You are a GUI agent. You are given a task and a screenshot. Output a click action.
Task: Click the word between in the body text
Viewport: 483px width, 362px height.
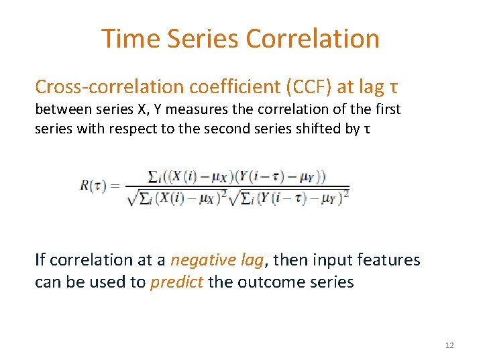tap(62, 109)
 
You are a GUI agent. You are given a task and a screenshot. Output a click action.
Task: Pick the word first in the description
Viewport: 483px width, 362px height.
tap(388, 109)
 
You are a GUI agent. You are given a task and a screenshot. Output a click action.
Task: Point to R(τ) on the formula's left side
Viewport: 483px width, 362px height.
tap(94, 186)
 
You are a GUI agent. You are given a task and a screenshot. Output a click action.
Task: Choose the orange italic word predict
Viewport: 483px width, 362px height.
tap(176, 282)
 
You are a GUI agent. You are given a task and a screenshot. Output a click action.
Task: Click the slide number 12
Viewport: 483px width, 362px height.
tap(449, 345)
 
